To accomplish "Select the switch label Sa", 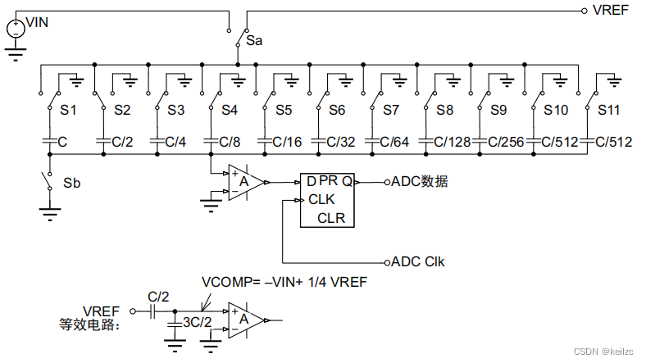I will click(x=254, y=38).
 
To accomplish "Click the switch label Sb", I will click(x=72, y=182).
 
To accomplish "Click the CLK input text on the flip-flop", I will click(x=321, y=199).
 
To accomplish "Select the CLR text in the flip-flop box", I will click(x=331, y=217).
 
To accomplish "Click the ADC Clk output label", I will click(x=420, y=262).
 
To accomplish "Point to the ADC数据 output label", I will click(x=420, y=182).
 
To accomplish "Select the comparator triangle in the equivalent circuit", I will click(x=246, y=320).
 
